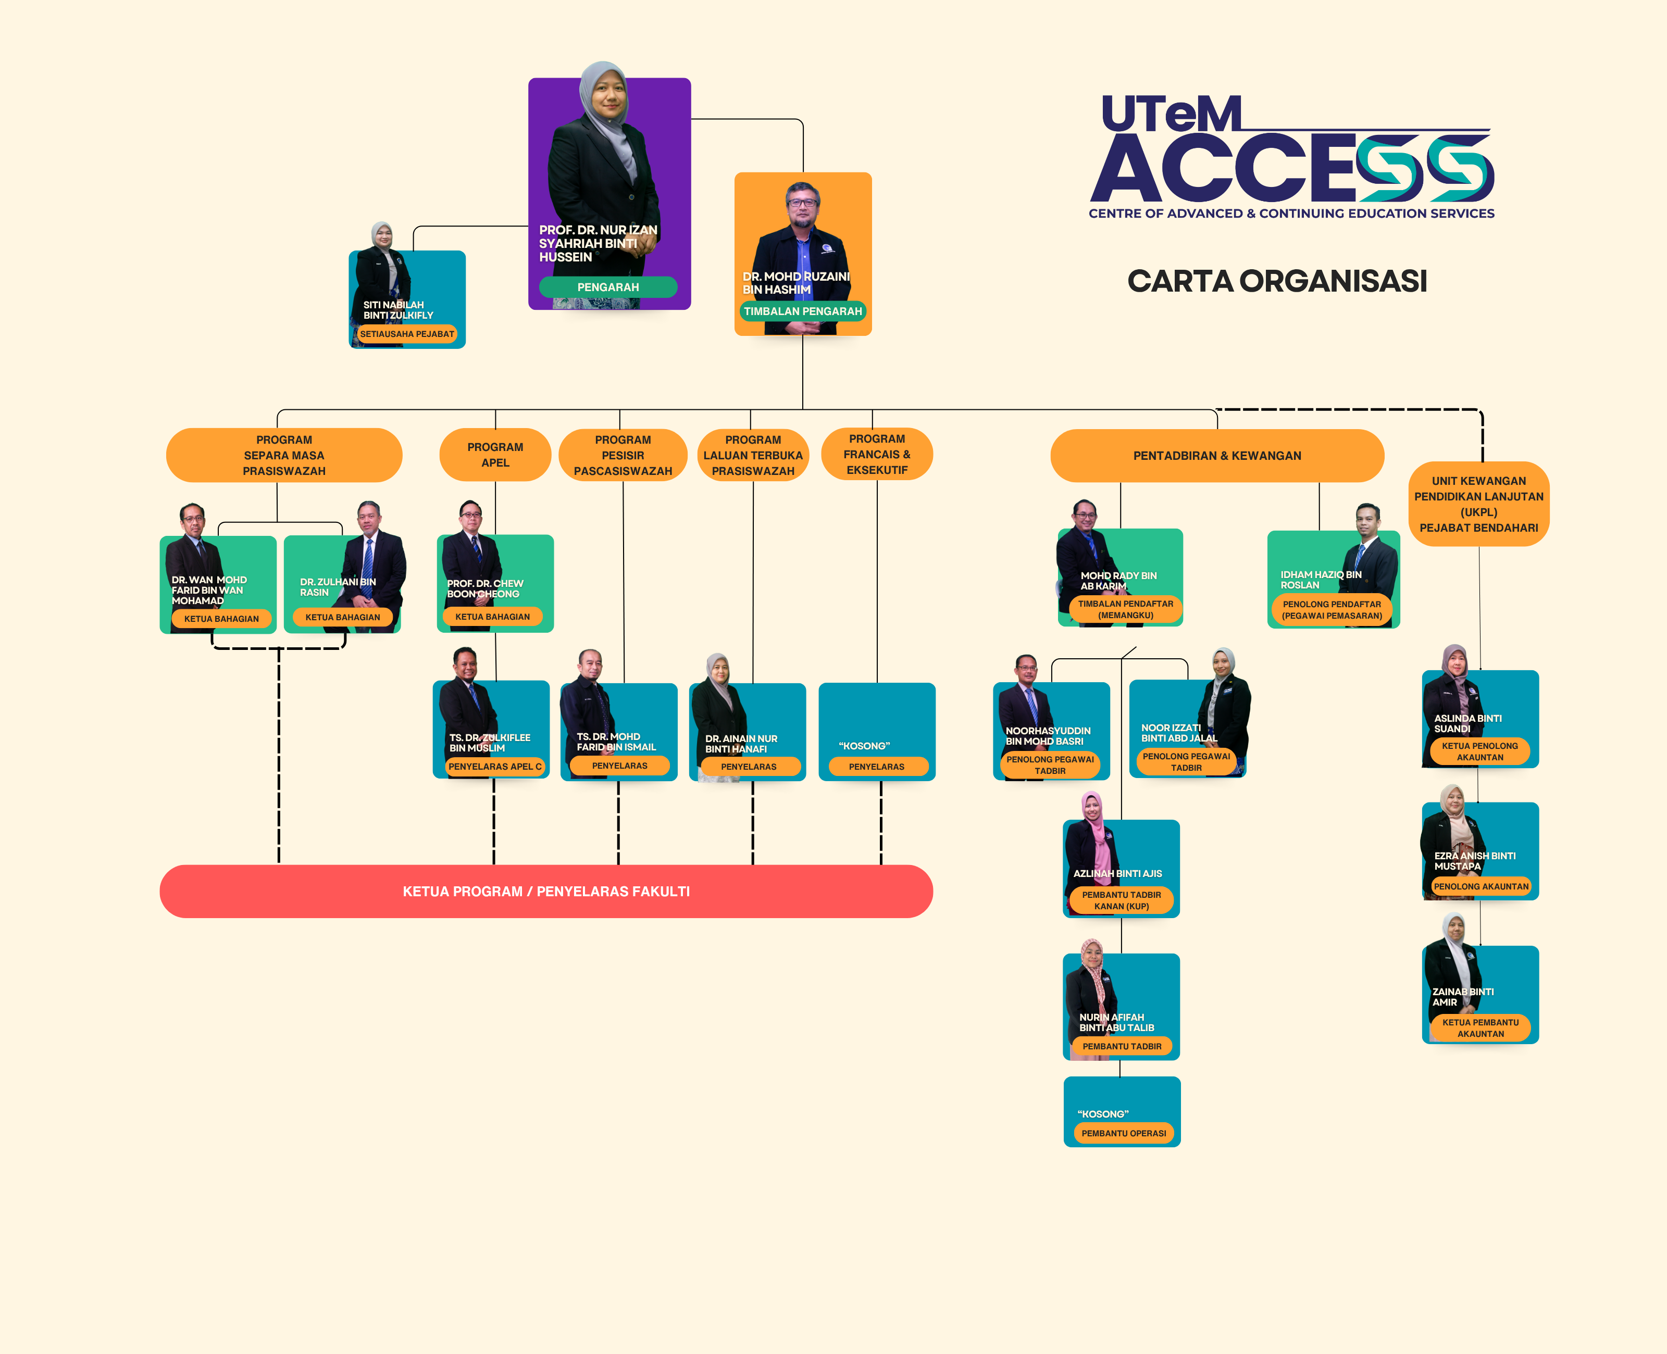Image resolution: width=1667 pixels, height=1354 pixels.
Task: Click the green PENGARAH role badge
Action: click(607, 287)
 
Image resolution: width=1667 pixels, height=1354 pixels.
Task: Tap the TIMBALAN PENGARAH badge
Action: click(803, 311)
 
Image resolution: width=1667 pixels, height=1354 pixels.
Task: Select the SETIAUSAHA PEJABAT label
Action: click(406, 334)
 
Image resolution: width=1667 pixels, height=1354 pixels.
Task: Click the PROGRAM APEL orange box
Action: click(495, 455)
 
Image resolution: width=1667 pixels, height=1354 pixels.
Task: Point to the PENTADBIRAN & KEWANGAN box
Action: click(1217, 456)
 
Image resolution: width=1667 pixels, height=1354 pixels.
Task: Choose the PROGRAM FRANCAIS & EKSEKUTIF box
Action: click(877, 454)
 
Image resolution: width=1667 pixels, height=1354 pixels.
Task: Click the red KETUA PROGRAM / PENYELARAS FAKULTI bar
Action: click(546, 892)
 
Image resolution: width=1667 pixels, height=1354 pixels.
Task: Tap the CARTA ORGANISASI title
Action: click(1277, 281)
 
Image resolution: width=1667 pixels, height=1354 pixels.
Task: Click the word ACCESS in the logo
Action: click(1291, 168)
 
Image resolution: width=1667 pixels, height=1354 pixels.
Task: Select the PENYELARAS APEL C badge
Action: click(494, 767)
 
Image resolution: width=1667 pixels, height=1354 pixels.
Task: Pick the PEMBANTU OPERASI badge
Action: click(1123, 1133)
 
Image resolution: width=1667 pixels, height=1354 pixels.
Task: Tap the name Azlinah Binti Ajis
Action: click(1117, 873)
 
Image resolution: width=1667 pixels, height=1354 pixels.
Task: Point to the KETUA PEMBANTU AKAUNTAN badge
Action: click(1480, 1028)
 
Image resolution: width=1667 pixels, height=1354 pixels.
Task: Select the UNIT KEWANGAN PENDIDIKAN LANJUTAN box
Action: click(1478, 504)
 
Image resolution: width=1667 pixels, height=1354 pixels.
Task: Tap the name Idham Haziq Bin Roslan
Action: click(1320, 580)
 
